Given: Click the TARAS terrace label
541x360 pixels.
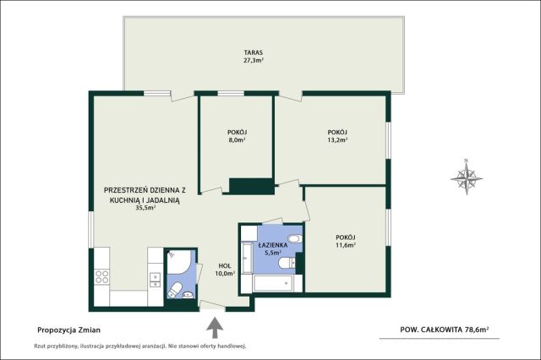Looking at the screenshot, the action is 254,52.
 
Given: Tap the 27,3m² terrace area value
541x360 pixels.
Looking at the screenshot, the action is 254,61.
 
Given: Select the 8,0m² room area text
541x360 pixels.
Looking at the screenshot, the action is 237,140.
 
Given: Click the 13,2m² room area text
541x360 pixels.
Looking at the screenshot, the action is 337,140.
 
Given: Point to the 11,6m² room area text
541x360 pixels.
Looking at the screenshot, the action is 346,245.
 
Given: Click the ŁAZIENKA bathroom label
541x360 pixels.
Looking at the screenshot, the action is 273,245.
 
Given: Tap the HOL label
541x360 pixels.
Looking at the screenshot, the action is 225,266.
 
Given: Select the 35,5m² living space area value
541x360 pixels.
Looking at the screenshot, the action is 145,208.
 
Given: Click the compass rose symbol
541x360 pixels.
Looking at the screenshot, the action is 466,178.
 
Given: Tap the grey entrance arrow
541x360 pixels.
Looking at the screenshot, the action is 215,328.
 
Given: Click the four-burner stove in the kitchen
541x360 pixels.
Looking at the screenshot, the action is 101,277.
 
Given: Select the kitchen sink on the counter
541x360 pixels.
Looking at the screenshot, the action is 155,280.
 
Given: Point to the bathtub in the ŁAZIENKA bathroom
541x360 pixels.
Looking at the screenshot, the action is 273,284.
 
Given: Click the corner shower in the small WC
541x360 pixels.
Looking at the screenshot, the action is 179,263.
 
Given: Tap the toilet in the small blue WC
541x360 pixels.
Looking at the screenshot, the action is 175,290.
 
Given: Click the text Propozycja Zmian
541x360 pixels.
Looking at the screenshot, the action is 68,330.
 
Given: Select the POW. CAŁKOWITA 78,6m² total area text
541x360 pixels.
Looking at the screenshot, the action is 445,330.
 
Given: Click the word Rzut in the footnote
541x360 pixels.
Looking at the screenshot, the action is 40,346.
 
